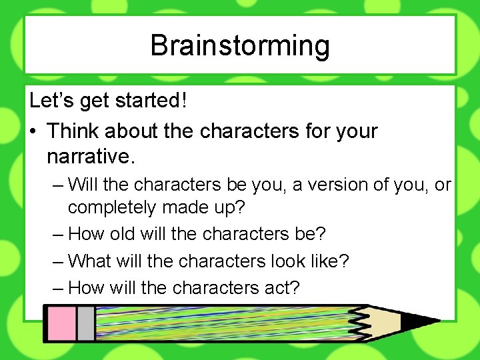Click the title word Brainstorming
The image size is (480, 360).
coord(240,45)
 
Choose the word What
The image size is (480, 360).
coord(92,260)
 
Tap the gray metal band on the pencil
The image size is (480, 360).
coord(85,323)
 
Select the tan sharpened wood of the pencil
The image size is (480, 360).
coord(387,323)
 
